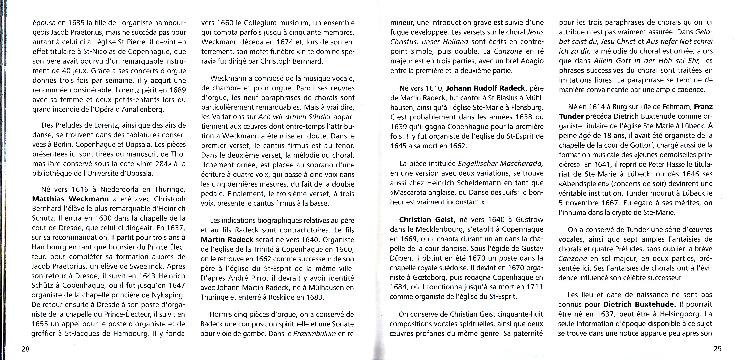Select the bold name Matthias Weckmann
[71, 199]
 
